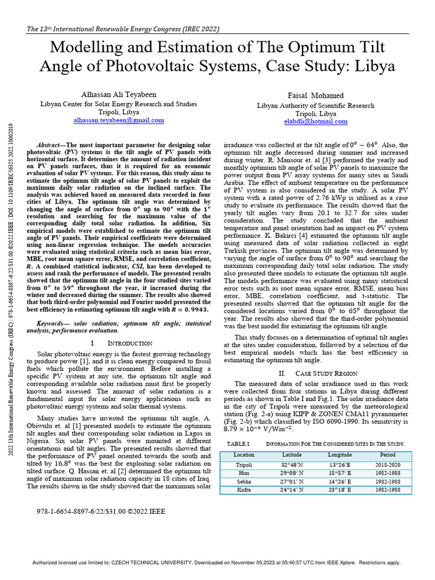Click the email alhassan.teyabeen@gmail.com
point(119,120)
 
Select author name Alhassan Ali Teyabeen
point(119,95)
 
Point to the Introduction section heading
point(126,343)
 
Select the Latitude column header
point(292,454)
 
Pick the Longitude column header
point(340,454)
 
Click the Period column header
point(388,454)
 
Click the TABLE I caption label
point(238,443)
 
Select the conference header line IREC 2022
point(123,29)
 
